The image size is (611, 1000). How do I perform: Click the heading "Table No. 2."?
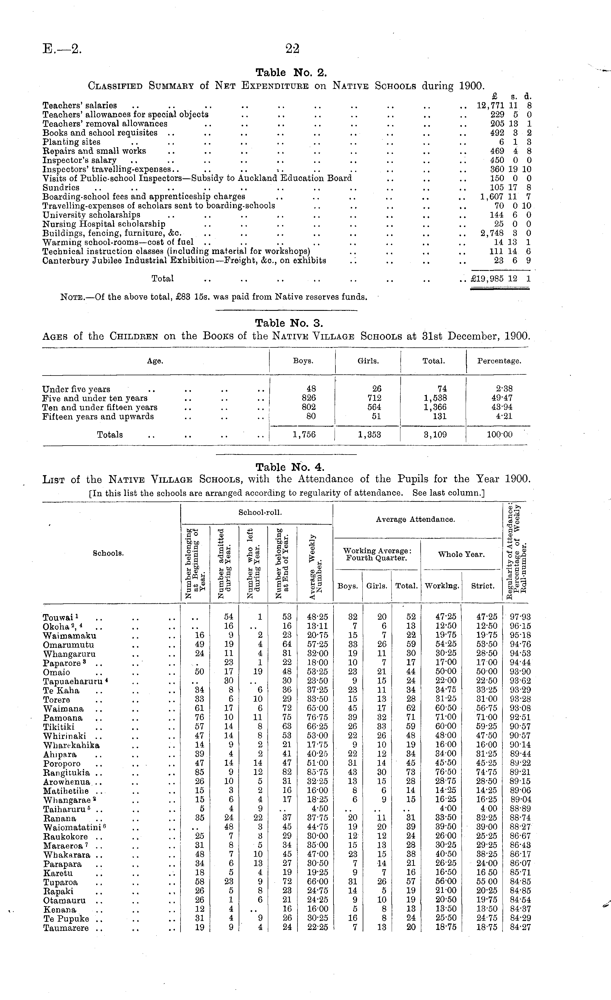[x=291, y=73]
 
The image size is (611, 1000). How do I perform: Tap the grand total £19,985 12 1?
[x=500, y=279]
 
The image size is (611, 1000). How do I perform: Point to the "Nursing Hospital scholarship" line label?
[x=104, y=224]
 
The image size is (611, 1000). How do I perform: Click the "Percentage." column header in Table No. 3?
[x=499, y=361]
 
